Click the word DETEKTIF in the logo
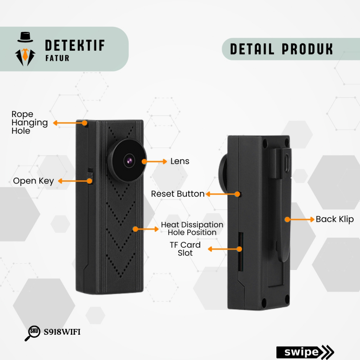(75, 45)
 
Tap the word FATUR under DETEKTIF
(57, 58)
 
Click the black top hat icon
(25, 37)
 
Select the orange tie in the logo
(25, 54)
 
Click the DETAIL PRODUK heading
(281, 49)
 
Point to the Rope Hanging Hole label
(30, 123)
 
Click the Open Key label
(33, 181)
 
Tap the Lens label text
(180, 161)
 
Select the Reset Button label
(178, 194)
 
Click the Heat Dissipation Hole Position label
(192, 229)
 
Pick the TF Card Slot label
(185, 249)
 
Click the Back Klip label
(334, 219)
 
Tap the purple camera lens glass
(129, 161)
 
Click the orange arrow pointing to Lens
(155, 161)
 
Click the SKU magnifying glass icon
(33, 333)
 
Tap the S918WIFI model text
(62, 332)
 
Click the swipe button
(304, 352)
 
